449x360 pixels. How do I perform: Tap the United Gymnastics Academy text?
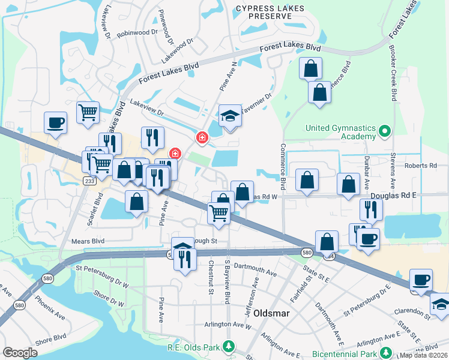[x=340, y=133]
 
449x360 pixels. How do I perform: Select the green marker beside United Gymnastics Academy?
[x=386, y=129]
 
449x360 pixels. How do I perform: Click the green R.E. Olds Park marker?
[x=228, y=346]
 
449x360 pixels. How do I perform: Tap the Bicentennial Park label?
[x=345, y=355]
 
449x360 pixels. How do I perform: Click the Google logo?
[x=20, y=353]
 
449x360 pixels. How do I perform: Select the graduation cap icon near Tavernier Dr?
[x=229, y=115]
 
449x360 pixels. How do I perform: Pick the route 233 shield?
[x=90, y=180]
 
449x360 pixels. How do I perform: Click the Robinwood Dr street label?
[x=137, y=34]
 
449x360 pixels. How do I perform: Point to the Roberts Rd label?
[x=420, y=166]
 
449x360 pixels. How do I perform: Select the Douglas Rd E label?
[x=393, y=196]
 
